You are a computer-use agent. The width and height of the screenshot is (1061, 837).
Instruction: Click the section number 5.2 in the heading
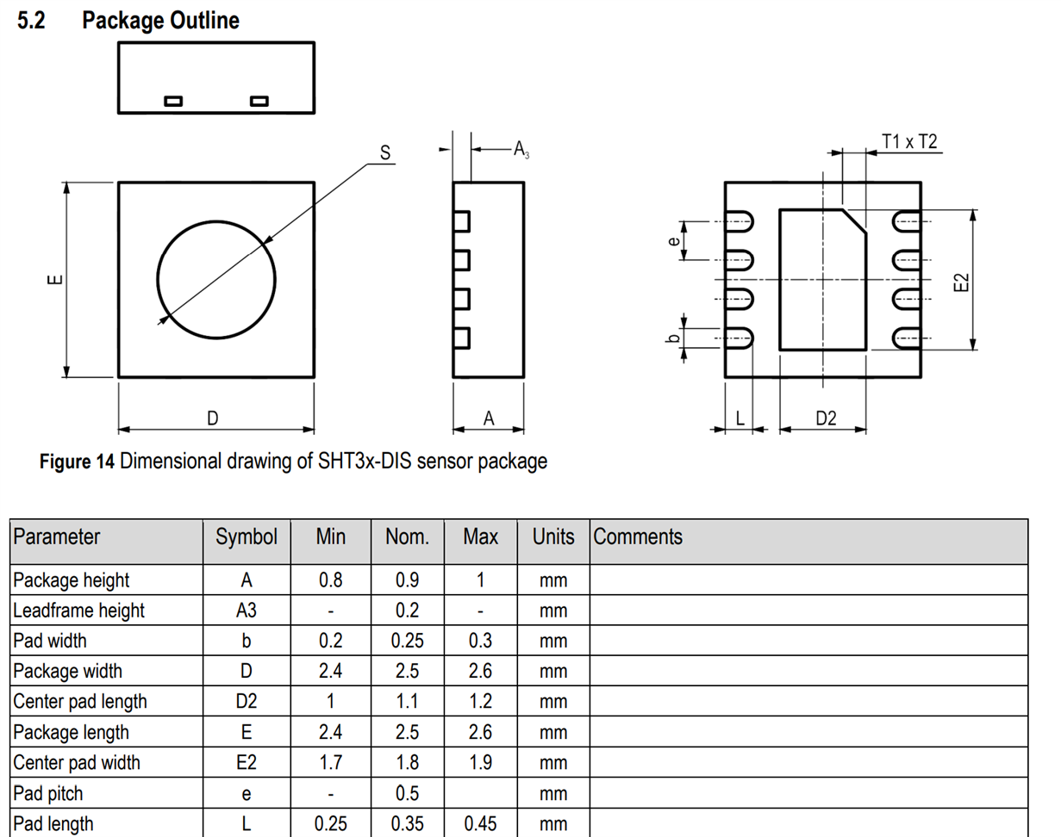pyautogui.click(x=31, y=21)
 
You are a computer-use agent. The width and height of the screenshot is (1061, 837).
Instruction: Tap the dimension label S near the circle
pyautogui.click(x=385, y=152)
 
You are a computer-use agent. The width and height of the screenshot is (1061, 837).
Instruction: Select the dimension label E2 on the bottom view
pyautogui.click(x=961, y=282)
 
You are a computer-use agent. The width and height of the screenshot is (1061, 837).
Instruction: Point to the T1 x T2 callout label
pyautogui.click(x=909, y=142)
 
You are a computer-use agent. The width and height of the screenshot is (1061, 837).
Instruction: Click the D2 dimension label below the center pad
pyautogui.click(x=826, y=418)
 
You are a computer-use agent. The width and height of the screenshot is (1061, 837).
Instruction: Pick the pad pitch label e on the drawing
pyautogui.click(x=673, y=241)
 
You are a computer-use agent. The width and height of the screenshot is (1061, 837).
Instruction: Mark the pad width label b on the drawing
pyautogui.click(x=673, y=338)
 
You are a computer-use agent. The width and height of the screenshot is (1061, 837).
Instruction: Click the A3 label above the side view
pyautogui.click(x=521, y=149)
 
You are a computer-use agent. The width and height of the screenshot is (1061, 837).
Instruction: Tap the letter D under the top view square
pyautogui.click(x=213, y=418)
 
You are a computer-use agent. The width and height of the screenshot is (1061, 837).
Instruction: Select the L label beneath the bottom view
pyautogui.click(x=740, y=418)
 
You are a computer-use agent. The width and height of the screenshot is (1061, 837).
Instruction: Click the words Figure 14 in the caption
pyautogui.click(x=77, y=462)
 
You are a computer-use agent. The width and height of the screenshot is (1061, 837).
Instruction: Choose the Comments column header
pyautogui.click(x=638, y=536)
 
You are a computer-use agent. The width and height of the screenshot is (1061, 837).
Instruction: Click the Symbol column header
pyautogui.click(x=247, y=537)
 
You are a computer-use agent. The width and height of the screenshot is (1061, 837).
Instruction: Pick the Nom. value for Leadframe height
pyautogui.click(x=407, y=611)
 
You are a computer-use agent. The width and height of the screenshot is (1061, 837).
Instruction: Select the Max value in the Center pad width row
pyautogui.click(x=480, y=763)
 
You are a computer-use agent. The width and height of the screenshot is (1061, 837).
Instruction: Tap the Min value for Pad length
pyautogui.click(x=330, y=823)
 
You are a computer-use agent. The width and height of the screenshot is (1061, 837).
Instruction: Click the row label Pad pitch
pyautogui.click(x=47, y=794)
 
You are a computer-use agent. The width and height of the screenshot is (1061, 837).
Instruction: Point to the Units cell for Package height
pyautogui.click(x=553, y=581)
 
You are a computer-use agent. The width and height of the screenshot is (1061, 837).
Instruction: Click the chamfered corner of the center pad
pyautogui.click(x=854, y=221)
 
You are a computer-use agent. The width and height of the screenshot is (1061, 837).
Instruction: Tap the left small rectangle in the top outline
pyautogui.click(x=173, y=102)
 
